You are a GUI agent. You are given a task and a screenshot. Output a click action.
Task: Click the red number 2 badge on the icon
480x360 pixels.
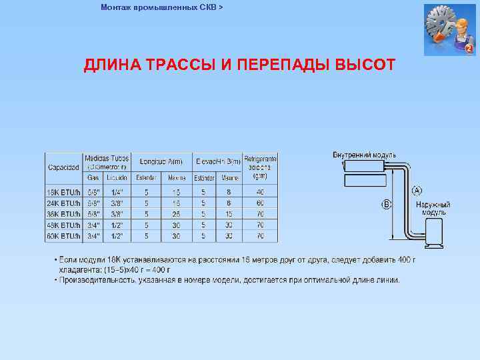pos(469,49)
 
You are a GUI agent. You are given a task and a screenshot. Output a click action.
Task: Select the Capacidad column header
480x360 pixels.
pos(63,167)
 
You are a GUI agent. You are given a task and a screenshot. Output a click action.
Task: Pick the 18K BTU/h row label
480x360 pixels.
pos(63,193)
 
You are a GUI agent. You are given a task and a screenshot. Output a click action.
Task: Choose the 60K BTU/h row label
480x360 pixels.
pos(63,236)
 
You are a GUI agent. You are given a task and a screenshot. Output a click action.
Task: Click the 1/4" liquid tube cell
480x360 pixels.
pos(117,193)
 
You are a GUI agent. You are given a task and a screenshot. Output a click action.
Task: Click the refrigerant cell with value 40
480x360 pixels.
pos(260,193)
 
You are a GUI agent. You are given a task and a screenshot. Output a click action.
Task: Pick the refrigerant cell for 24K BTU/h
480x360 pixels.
pos(260,203)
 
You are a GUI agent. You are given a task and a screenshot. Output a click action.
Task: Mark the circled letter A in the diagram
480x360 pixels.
pos(416,190)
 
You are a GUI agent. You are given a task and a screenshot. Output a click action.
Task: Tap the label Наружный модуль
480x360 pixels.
pos(433,208)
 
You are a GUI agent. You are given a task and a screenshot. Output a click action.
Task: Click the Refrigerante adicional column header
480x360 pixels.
pos(260,167)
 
